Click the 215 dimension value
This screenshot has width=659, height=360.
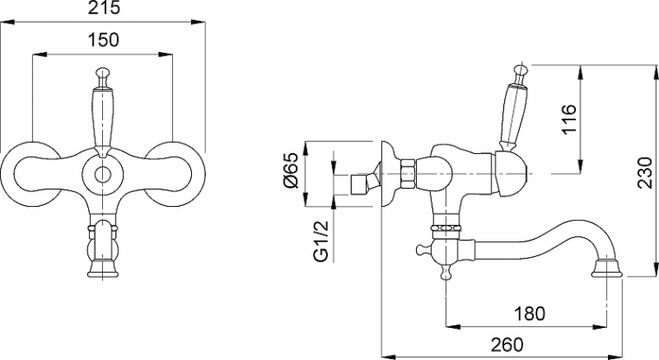coord(104,9)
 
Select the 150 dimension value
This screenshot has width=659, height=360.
coord(104,40)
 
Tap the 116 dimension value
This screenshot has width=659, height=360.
coord(569,119)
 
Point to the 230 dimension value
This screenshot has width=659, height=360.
coord(644,172)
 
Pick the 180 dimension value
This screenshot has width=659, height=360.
coord(529,313)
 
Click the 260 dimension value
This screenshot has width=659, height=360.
coord(508,345)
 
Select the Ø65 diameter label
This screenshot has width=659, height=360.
coord(291,170)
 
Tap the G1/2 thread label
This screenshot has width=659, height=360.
coord(322,241)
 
